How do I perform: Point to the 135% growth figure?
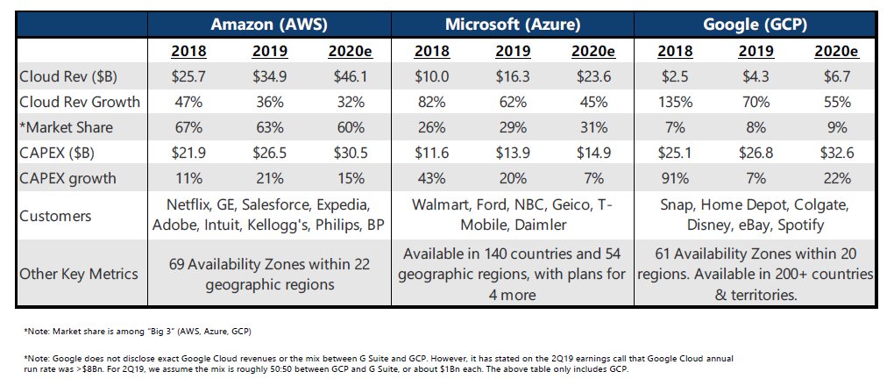(677, 102)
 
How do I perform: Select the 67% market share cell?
(189, 127)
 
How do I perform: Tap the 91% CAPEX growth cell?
(677, 178)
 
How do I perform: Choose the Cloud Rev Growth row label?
(80, 102)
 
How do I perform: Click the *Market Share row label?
(67, 127)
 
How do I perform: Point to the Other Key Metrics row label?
(79, 273)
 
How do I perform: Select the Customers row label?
(55, 216)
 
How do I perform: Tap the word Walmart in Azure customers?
(440, 206)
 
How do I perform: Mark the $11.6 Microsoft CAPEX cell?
(431, 153)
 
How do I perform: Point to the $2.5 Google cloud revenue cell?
(677, 76)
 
